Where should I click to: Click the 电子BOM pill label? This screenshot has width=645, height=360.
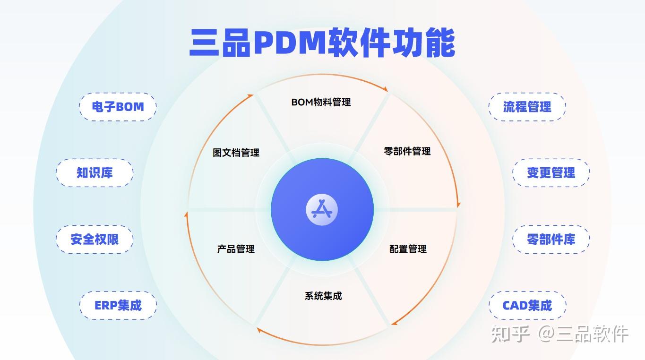click(x=118, y=107)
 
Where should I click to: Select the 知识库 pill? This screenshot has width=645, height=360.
click(x=95, y=173)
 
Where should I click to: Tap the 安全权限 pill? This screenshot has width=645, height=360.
click(x=95, y=240)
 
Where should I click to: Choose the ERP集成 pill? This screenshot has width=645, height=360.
click(x=118, y=305)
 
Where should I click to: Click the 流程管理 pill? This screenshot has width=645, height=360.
click(x=527, y=107)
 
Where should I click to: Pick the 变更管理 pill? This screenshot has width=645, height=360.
click(x=551, y=173)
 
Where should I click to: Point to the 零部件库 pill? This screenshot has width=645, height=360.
click(x=551, y=240)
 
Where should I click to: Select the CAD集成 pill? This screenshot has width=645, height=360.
click(x=527, y=305)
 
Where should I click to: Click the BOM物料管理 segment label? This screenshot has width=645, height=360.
click(x=321, y=102)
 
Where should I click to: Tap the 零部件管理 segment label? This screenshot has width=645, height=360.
click(x=407, y=151)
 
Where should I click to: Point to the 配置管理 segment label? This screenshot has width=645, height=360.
click(x=408, y=249)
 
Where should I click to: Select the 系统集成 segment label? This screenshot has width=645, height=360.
click(x=323, y=296)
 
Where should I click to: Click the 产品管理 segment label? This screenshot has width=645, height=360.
click(x=236, y=249)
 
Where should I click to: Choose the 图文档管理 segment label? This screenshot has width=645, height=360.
click(x=236, y=153)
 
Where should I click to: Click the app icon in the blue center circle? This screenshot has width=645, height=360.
click(x=322, y=209)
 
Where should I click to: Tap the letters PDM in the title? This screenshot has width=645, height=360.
click(x=290, y=42)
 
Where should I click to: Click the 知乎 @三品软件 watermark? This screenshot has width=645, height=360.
click(x=559, y=334)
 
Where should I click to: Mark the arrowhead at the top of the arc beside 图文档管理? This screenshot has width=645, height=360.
click(x=250, y=96)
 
